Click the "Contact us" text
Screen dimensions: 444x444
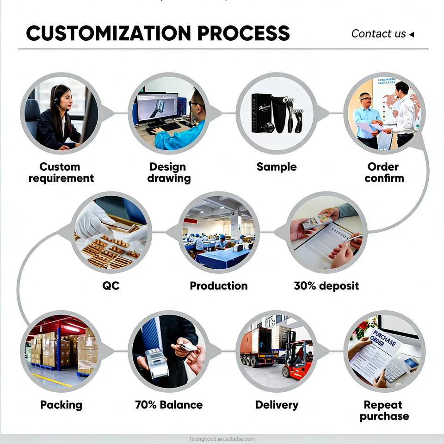(x=378, y=34)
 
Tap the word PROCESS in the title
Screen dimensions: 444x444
(x=243, y=34)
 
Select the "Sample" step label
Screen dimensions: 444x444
(x=277, y=167)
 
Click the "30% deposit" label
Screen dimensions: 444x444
(x=326, y=286)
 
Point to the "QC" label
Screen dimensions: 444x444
(x=111, y=286)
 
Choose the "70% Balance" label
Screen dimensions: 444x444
(x=169, y=405)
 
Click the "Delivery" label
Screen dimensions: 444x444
(x=277, y=405)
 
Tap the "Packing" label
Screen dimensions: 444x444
(x=61, y=405)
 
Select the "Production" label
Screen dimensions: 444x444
(x=218, y=286)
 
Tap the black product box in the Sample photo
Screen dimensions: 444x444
(x=260, y=113)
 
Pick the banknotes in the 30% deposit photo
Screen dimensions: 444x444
(x=317, y=221)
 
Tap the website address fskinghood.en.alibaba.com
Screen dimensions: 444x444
(x=222, y=439)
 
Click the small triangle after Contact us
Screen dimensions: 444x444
(x=412, y=34)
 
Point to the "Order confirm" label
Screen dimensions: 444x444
(x=384, y=173)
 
